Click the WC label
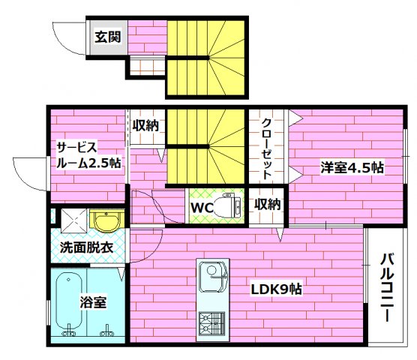[202, 205]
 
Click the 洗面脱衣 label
[86, 247]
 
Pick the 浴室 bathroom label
[93, 303]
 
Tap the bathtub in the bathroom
[70, 303]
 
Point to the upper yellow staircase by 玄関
[205, 56]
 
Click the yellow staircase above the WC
[205, 146]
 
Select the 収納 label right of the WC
[267, 204]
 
